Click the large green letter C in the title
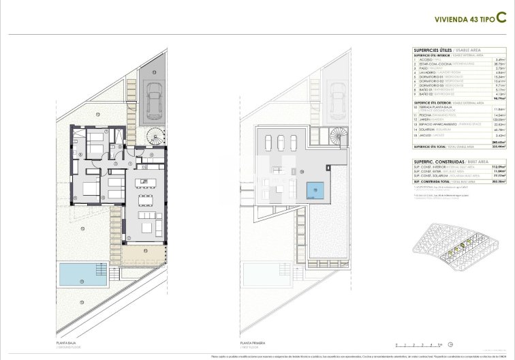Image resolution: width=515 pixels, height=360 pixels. [x=501, y=18]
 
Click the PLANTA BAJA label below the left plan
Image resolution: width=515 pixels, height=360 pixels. [x=66, y=343]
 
